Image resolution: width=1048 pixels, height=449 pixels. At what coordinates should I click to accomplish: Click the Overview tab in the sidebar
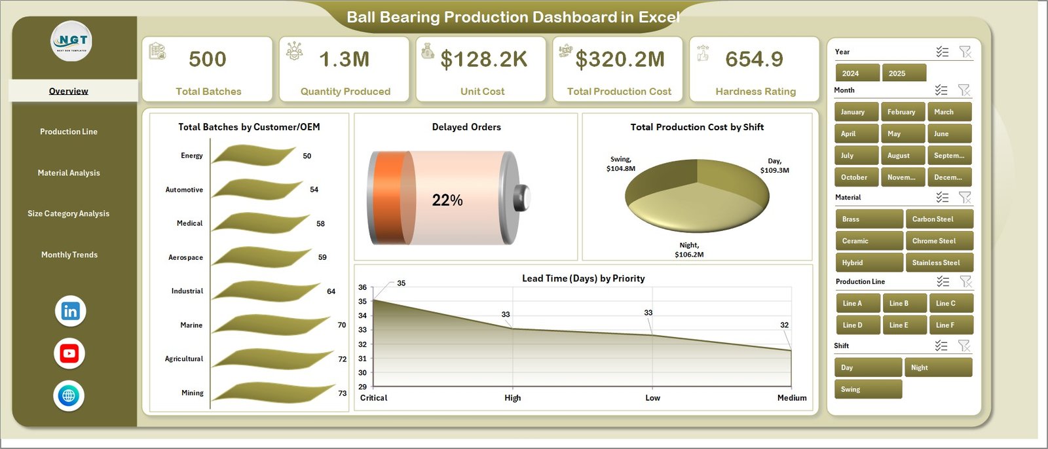[69, 91]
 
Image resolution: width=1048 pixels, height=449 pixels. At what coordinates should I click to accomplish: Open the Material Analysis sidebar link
[69, 173]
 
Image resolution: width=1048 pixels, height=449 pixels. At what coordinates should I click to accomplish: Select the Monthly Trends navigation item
[69, 255]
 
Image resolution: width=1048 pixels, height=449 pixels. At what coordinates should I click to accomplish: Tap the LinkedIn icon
[70, 312]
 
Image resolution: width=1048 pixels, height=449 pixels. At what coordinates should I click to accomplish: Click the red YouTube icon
[69, 353]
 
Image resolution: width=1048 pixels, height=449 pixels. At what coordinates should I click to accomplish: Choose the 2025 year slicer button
[903, 73]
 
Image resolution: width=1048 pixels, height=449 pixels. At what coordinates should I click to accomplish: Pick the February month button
[902, 112]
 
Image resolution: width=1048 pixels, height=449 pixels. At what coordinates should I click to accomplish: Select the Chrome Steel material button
[938, 241]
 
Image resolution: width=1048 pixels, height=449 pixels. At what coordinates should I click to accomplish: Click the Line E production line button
[903, 325]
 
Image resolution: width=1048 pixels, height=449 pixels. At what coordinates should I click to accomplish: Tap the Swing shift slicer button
[867, 389]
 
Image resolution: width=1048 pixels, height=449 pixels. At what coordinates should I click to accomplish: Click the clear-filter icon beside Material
[965, 197]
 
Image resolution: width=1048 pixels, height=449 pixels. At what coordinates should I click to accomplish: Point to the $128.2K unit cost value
[483, 60]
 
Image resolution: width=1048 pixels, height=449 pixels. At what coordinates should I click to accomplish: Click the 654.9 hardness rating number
[754, 60]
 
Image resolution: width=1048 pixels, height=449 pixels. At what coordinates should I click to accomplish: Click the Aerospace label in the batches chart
[185, 258]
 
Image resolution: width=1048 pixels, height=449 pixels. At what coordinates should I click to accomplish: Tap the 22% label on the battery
[447, 200]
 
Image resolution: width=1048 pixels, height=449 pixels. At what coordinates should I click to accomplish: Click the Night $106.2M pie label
[689, 249]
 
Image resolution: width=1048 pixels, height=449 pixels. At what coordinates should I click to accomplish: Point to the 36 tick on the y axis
[362, 287]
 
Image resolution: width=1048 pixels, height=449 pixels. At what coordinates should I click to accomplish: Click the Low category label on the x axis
[652, 398]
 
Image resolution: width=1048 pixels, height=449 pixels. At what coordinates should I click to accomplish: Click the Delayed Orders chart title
[466, 127]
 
